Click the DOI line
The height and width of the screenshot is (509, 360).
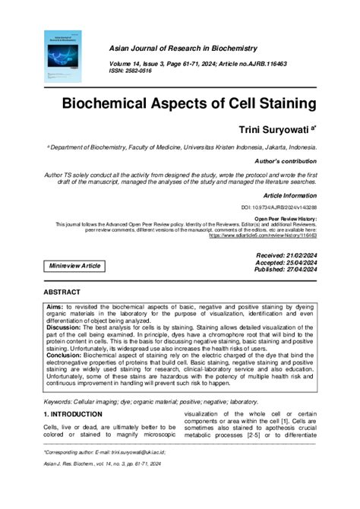coord(279,207)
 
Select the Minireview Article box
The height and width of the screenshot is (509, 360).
coord(74,266)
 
